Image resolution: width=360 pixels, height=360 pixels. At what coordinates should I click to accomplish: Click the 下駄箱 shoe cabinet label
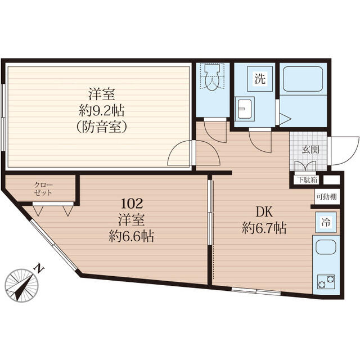click(x=307, y=181)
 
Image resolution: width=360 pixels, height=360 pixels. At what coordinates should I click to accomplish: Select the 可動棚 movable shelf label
click(x=326, y=197)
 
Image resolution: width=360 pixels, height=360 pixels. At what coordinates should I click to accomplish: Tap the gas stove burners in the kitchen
click(x=326, y=280)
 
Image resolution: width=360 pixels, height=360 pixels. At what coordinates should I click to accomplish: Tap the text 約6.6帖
click(x=131, y=236)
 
